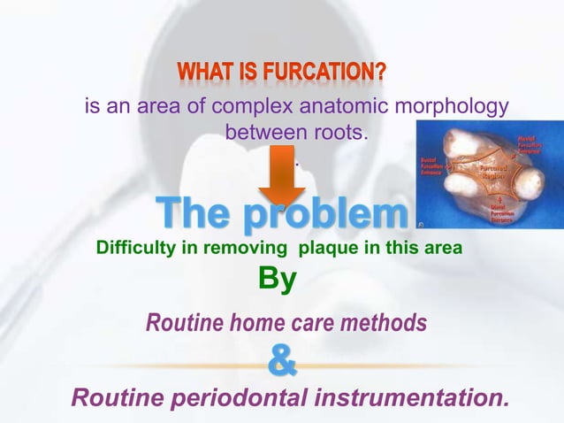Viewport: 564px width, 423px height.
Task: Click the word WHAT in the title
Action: (x=203, y=70)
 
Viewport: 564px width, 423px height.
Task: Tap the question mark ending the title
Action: (x=380, y=70)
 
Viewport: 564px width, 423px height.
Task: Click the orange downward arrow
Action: (x=282, y=176)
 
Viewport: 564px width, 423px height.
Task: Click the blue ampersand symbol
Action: (x=281, y=362)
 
